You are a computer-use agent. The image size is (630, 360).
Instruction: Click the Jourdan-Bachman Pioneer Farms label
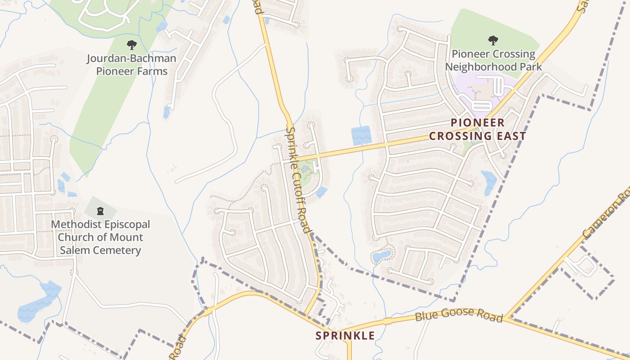(131, 65)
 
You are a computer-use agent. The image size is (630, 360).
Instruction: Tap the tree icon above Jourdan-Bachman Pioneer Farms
(131, 45)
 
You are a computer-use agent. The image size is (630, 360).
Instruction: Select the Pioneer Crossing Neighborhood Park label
(494, 60)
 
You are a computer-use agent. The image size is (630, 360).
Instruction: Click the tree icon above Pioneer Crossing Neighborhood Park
(493, 40)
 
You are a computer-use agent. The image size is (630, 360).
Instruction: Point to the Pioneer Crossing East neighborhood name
(477, 129)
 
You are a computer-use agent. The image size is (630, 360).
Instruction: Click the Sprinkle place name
(345, 336)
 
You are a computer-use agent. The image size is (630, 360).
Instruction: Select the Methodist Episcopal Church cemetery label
(100, 237)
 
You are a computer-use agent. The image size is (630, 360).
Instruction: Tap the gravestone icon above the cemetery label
(100, 211)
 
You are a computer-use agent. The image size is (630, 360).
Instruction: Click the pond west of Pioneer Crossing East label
(361, 135)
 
